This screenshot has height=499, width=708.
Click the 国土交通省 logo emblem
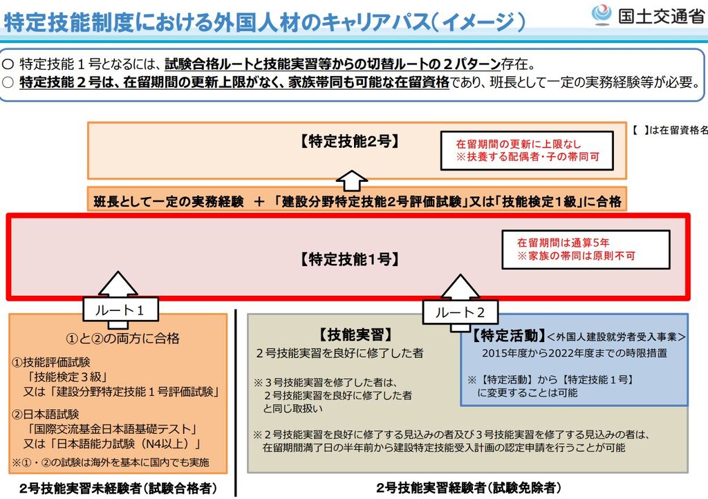pos(601,15)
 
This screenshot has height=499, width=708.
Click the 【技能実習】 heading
pos(355,335)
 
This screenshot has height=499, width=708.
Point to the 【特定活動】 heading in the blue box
pos(505,336)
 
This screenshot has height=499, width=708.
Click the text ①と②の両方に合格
pos(122,339)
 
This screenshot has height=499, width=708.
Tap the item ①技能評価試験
pos(52,362)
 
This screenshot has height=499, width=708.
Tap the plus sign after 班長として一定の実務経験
pos(259,202)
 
